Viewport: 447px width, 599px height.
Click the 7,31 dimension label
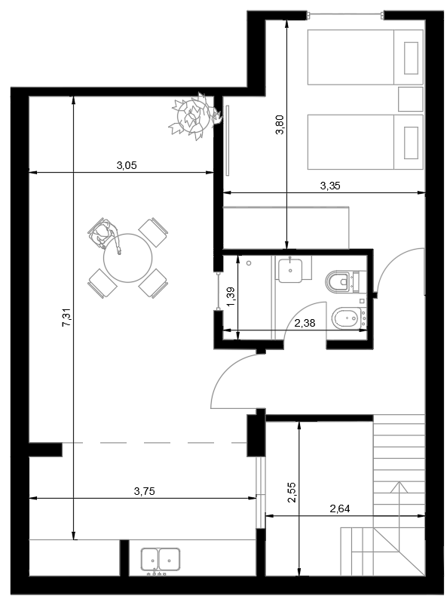coord(67,318)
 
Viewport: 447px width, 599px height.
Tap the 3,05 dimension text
coord(127,165)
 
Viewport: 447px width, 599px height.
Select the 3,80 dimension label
coord(280,125)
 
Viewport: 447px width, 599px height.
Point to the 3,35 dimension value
coord(330,186)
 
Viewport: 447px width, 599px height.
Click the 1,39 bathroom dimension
coord(231,296)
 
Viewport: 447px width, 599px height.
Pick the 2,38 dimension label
coord(305,323)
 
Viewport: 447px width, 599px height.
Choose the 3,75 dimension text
coord(145,491)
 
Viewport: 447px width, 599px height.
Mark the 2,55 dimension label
coord(292,493)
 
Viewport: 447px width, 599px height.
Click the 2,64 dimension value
coord(340,508)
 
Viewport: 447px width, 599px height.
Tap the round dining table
coord(128,258)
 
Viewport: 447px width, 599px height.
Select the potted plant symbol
coord(194,115)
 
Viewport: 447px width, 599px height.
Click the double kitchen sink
coord(161,561)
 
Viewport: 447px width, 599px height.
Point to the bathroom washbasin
coord(290,271)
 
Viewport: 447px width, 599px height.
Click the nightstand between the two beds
coord(410,100)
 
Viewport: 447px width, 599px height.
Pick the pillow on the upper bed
coord(411,58)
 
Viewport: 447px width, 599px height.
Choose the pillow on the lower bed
coord(411,143)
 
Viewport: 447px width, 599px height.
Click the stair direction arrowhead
coord(399,488)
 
